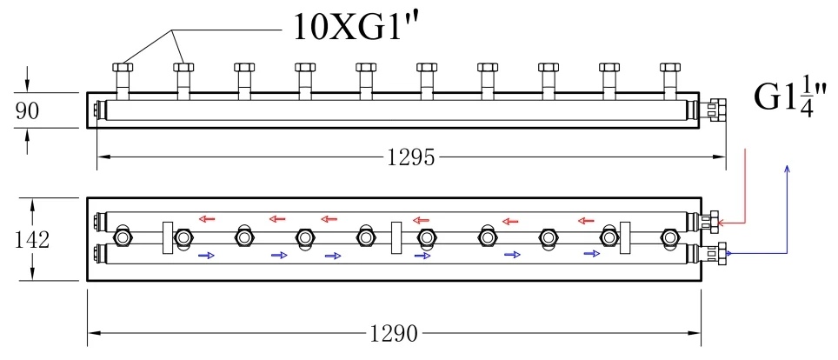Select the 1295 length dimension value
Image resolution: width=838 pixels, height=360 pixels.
pos(411,157)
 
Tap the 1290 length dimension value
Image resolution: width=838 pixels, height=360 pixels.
pos(394,334)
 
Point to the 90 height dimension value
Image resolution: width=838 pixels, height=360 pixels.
pos(27,111)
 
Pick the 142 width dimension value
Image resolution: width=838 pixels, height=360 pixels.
pos(31,240)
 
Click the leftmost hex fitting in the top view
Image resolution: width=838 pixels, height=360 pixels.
pos(123,68)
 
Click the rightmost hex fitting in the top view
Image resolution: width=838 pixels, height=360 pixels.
pos(670,68)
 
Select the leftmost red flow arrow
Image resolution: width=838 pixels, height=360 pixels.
pos(206,218)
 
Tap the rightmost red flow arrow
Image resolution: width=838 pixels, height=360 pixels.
pos(586,220)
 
